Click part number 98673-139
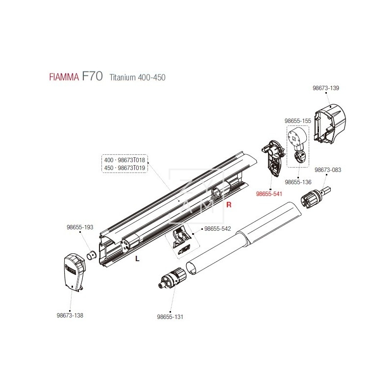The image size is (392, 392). coord(325,88)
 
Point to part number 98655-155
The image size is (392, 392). coord(298,120)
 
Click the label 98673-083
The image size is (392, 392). coord(328,170)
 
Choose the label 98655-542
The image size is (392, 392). coord(217,229)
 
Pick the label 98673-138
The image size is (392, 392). coord(70,315)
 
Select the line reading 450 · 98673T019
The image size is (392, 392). coord(125,168)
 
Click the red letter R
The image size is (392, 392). coord(228,205)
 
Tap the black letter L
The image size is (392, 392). coord(137,259)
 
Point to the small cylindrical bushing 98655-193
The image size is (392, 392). coord(91,254)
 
